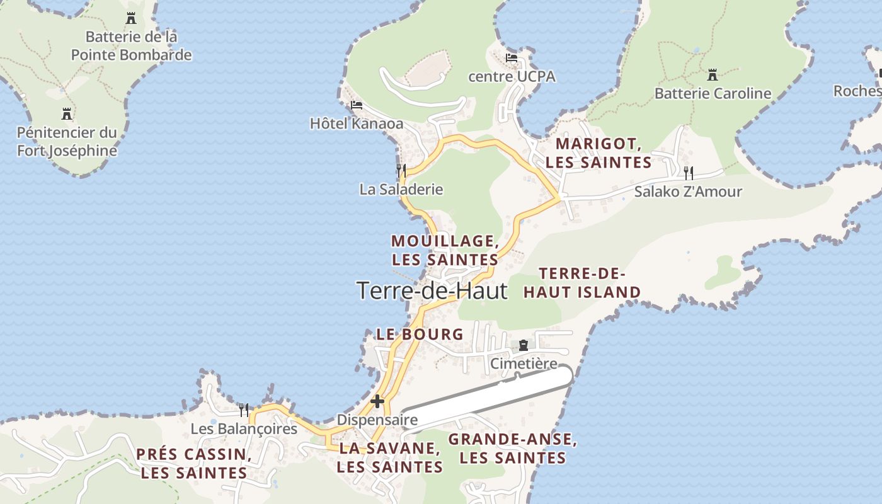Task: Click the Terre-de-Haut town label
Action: coord(432,290)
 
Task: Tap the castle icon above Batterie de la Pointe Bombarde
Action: coord(131,18)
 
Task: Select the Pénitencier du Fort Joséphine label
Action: coord(67,142)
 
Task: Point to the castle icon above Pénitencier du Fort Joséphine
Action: coord(67,114)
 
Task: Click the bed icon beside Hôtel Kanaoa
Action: coord(357,105)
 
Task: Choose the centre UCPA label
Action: coord(512,77)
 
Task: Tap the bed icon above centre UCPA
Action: coord(512,58)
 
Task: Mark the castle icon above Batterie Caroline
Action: coord(713,74)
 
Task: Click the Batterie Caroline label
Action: coord(713,94)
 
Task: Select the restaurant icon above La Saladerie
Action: coord(401,170)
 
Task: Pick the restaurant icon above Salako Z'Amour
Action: coord(689,173)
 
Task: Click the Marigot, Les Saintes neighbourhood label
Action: coord(598,153)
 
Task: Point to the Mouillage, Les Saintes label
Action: coord(445,250)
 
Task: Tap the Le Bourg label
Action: coord(420,335)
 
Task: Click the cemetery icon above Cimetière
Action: coord(524,345)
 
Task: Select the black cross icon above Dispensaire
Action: coord(377,401)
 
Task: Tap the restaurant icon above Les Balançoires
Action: coord(244,410)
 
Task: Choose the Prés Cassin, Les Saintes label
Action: coord(194,463)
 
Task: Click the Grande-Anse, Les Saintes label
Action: coord(512,449)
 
